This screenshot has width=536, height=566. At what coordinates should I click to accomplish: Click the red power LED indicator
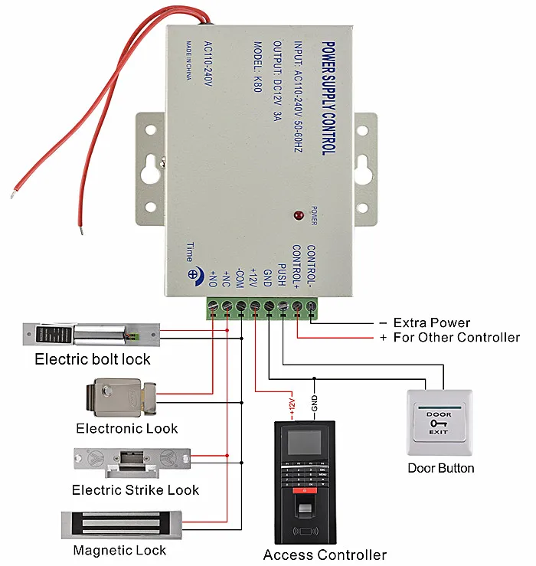(x=299, y=215)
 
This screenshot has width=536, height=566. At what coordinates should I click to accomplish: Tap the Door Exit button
(x=440, y=423)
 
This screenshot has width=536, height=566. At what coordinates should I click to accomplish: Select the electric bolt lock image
(x=91, y=335)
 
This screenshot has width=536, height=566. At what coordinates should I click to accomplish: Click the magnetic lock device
(x=121, y=525)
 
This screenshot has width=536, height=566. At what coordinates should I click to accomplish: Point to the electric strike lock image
(x=132, y=463)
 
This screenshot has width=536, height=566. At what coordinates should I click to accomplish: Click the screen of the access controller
(x=304, y=443)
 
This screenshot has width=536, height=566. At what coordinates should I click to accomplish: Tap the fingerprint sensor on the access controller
(x=305, y=509)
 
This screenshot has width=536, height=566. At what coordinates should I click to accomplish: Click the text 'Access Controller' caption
(x=325, y=555)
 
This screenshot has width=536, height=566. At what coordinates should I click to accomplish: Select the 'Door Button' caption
(x=441, y=468)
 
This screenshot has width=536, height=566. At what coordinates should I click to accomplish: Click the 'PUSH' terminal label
(x=282, y=275)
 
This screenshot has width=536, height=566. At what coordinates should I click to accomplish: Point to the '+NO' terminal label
(x=213, y=279)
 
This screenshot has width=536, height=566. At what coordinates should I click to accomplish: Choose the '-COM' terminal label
(x=240, y=278)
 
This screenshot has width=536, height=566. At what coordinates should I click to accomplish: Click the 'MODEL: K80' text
(x=257, y=67)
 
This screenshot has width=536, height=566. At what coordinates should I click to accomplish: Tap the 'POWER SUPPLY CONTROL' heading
(x=328, y=99)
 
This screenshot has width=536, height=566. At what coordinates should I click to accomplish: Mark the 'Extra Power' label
(x=432, y=322)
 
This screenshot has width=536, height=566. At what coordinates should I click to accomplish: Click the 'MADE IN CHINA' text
(x=189, y=61)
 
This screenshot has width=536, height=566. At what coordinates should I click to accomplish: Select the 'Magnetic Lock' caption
(x=119, y=551)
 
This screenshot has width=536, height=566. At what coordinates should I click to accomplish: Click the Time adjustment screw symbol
(x=193, y=274)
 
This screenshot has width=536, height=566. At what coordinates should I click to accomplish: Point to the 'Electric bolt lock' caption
(x=93, y=359)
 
